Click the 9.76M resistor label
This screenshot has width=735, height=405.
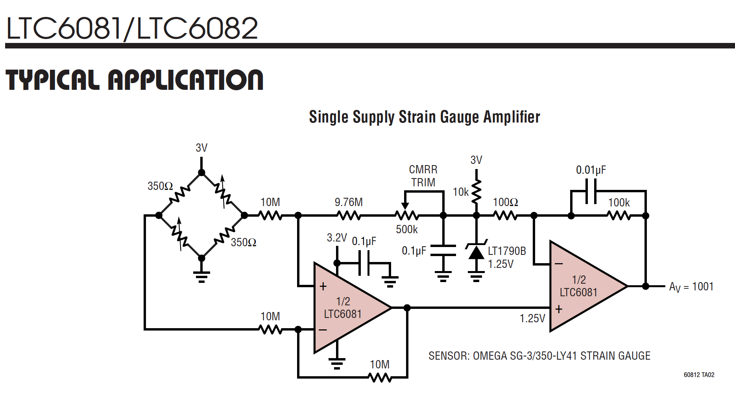pos(349,202)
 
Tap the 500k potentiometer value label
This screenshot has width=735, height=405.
pos(406,229)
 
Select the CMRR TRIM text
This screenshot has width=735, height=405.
pos(423,176)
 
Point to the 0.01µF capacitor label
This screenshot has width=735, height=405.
pos(591,170)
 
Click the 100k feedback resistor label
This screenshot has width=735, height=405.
pos(619,202)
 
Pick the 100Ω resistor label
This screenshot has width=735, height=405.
pos(505,202)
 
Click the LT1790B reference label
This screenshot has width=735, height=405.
pos(507,251)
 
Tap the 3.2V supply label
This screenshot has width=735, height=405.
pos(337,238)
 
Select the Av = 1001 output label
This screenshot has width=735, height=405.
pos(691,287)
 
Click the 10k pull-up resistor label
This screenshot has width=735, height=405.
pos(461,192)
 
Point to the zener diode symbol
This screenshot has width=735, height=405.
pos(476,252)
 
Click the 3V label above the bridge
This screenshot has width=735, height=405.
pos(201,148)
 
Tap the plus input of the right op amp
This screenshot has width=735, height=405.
pos(559,309)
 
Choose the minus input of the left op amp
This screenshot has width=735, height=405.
pos(323,330)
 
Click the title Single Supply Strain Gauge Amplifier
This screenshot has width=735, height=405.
pos(424,117)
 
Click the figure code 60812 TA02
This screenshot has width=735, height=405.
pos(699,375)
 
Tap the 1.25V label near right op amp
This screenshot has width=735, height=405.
pos(532,318)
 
